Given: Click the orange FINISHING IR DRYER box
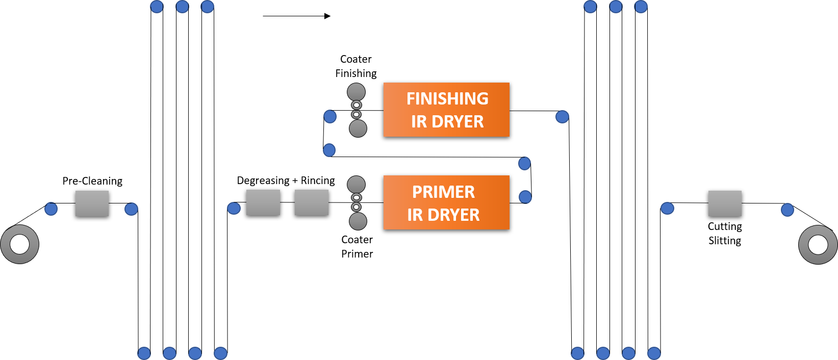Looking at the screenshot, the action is pyautogui.click(x=446, y=110).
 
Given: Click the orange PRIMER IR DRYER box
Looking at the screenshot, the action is pyautogui.click(x=446, y=202).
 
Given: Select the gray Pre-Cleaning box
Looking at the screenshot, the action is pyautogui.click(x=92, y=204).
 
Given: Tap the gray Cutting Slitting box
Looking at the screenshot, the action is pyautogui.click(x=725, y=204).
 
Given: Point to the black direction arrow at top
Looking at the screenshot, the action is pyautogui.click(x=297, y=16).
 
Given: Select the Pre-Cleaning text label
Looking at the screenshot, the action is pyautogui.click(x=92, y=181).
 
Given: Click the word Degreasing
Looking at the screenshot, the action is pyautogui.click(x=263, y=181).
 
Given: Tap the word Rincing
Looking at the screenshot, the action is pyautogui.click(x=318, y=180).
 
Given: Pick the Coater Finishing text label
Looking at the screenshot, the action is pyautogui.click(x=356, y=66).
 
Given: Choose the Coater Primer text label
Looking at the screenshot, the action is pyautogui.click(x=357, y=247).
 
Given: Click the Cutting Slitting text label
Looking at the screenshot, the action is pyautogui.click(x=725, y=233).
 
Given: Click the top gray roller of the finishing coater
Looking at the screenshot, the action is pyautogui.click(x=356, y=92).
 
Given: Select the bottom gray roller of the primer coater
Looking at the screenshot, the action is pyautogui.click(x=358, y=221).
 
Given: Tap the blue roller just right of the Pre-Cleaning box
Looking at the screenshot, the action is pyautogui.click(x=131, y=209).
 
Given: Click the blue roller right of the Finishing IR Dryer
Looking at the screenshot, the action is pyautogui.click(x=562, y=117).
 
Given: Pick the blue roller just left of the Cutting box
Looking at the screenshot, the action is pyautogui.click(x=668, y=208).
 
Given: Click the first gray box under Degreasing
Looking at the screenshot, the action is pyautogui.click(x=263, y=202).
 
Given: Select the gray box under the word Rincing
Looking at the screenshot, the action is pyautogui.click(x=312, y=202).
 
